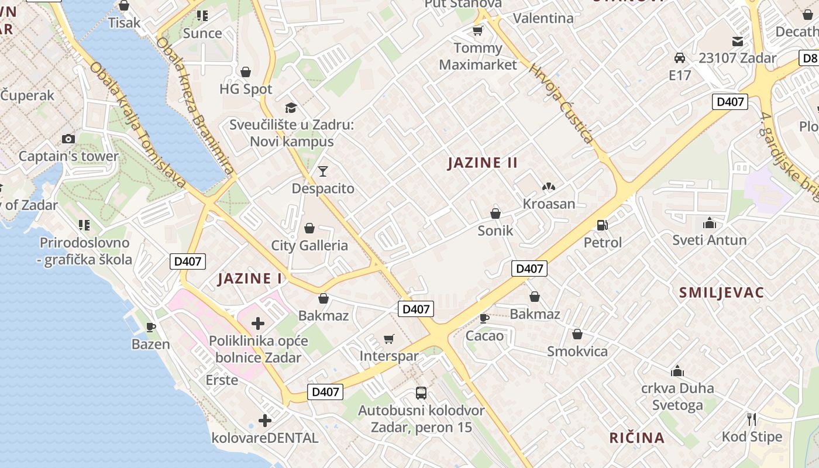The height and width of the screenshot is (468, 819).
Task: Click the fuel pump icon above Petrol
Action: pos(601,225)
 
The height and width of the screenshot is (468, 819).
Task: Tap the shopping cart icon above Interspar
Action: pos(388,339)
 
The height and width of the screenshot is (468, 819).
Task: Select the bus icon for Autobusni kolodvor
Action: pos(421,393)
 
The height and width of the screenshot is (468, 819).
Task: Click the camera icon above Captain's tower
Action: pos(68,139)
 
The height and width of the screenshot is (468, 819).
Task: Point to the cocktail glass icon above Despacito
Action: pos(322,171)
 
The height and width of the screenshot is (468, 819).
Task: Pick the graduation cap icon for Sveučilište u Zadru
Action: pos(291,107)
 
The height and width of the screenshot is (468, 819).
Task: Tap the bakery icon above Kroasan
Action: pos(548,187)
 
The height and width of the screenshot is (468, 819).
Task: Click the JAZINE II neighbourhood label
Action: pos(483,163)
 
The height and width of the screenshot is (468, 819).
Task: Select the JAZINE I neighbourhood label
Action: pos(250,278)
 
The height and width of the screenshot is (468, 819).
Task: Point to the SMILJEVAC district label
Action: pos(721,292)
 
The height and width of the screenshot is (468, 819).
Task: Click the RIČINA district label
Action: pos(636,438)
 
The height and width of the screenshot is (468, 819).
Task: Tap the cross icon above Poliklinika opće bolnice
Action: pos(257,323)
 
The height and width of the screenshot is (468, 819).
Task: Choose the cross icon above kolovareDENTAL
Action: pos(265,420)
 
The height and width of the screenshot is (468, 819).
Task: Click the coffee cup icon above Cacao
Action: pos(484,318)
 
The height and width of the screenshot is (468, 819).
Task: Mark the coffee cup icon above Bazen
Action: pos(151,327)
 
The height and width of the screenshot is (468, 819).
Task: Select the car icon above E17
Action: pos(680,58)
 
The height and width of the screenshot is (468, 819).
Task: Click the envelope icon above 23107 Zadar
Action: pos(737,41)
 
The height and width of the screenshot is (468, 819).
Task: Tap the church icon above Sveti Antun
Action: pos(709,223)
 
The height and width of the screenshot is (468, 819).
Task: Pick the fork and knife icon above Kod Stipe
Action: pos(752,419)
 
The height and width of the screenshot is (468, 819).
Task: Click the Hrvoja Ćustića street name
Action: pos(561,104)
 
